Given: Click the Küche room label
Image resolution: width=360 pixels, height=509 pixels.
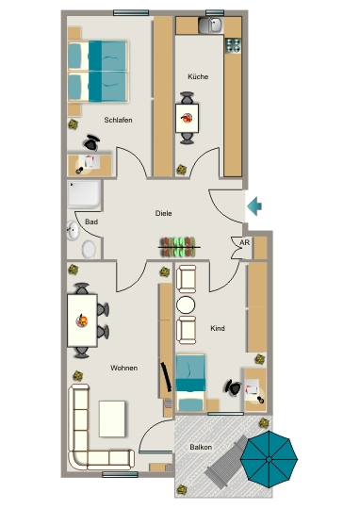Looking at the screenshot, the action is point(198,76).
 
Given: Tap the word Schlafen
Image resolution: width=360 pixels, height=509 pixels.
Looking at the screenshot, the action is point(118,120).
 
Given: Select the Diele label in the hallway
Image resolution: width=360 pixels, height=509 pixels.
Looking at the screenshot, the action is point(163,213).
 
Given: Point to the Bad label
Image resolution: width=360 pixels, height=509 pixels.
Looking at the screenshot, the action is point(91,222).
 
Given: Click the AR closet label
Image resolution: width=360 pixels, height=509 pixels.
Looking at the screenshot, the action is point(245,242).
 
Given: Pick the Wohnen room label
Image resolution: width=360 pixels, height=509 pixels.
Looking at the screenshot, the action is point(123,368).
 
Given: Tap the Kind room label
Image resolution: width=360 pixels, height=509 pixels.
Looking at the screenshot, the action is point(218,328).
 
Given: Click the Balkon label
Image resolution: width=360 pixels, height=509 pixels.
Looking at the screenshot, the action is point(201,447).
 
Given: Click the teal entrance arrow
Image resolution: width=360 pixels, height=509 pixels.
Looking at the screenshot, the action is point(254,206).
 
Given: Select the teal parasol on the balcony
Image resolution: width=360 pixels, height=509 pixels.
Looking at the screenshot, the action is point(269,459).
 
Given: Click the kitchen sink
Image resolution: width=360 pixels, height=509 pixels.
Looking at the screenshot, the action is point(210,25).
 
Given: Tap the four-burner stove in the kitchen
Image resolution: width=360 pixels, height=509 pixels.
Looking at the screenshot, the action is point(233,45).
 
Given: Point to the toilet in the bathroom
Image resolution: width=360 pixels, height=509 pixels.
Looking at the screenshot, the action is point(89,250).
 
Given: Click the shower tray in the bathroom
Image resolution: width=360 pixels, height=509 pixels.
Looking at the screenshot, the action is point(84,194).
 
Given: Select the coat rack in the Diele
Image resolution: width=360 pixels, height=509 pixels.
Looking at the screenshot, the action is point(179,247).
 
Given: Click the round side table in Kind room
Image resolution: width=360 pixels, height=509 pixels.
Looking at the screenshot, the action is point(186,305).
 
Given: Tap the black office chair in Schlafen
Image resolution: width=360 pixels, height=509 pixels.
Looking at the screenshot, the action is point(91,142).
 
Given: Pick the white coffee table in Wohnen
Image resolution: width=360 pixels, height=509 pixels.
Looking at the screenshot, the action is point(112,419).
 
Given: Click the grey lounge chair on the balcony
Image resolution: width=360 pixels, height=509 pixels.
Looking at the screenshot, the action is point(226,462).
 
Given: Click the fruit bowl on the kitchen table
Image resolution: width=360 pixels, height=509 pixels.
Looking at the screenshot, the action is point(187,118).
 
